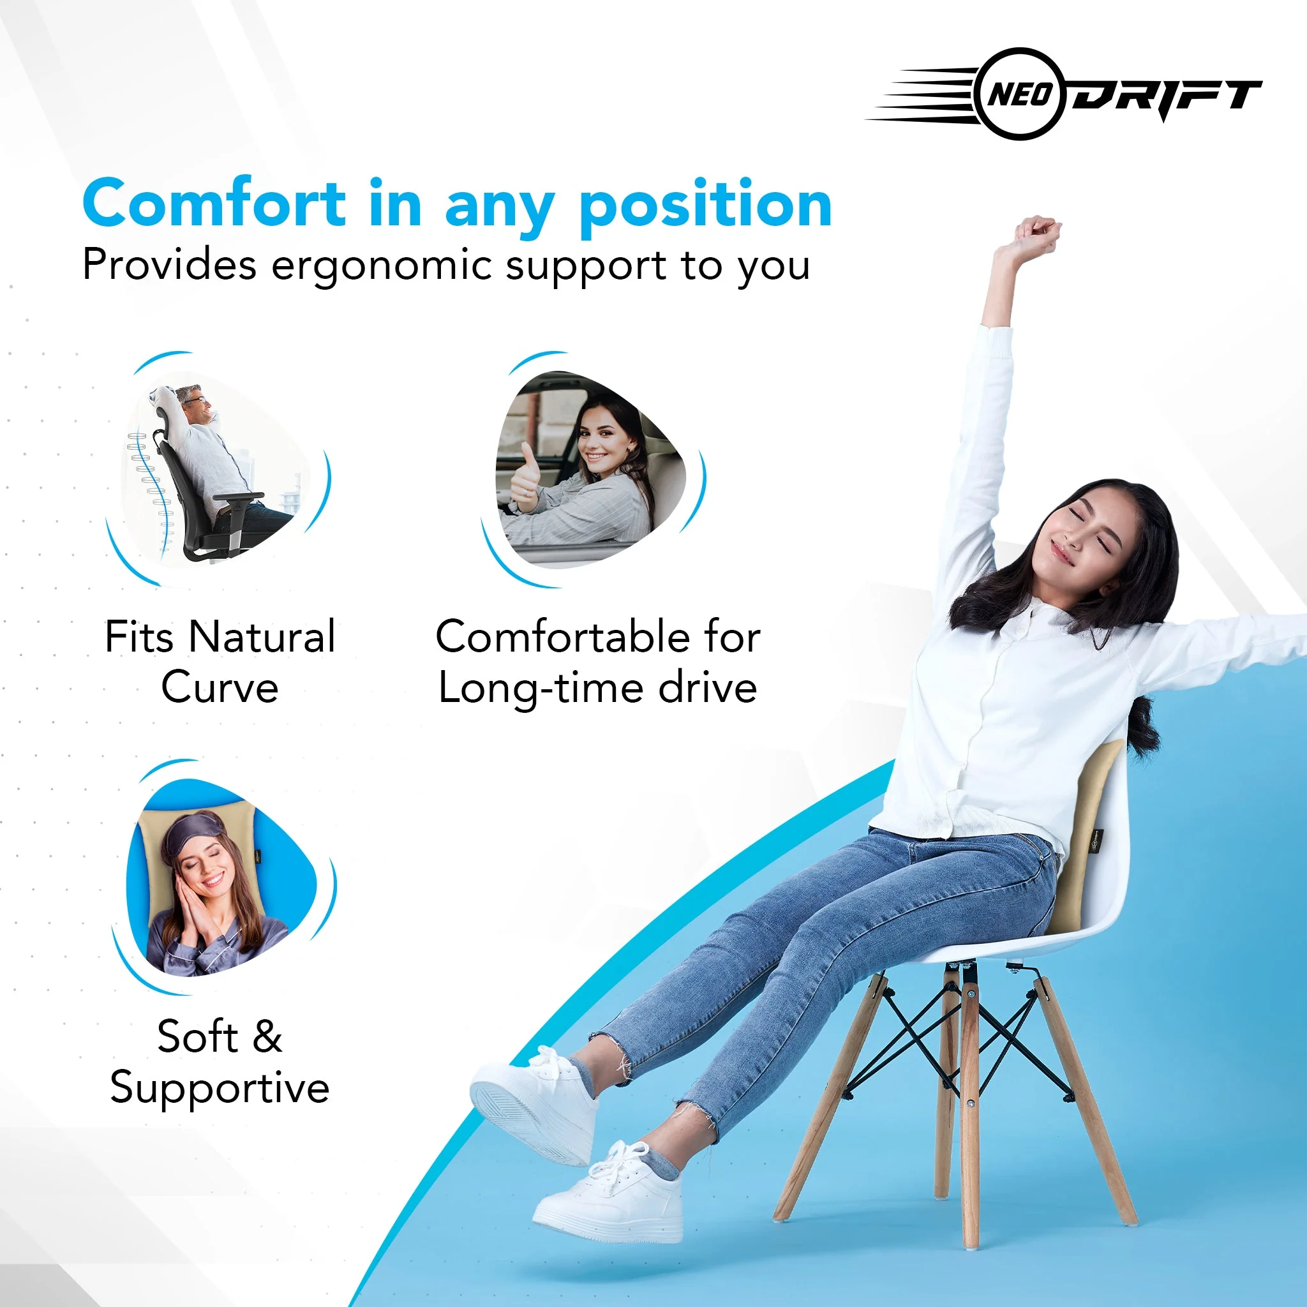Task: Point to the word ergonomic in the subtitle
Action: click(x=381, y=267)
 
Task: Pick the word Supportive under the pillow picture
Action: click(x=220, y=1091)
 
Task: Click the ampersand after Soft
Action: click(x=267, y=1036)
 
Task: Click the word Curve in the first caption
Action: click(x=220, y=688)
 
